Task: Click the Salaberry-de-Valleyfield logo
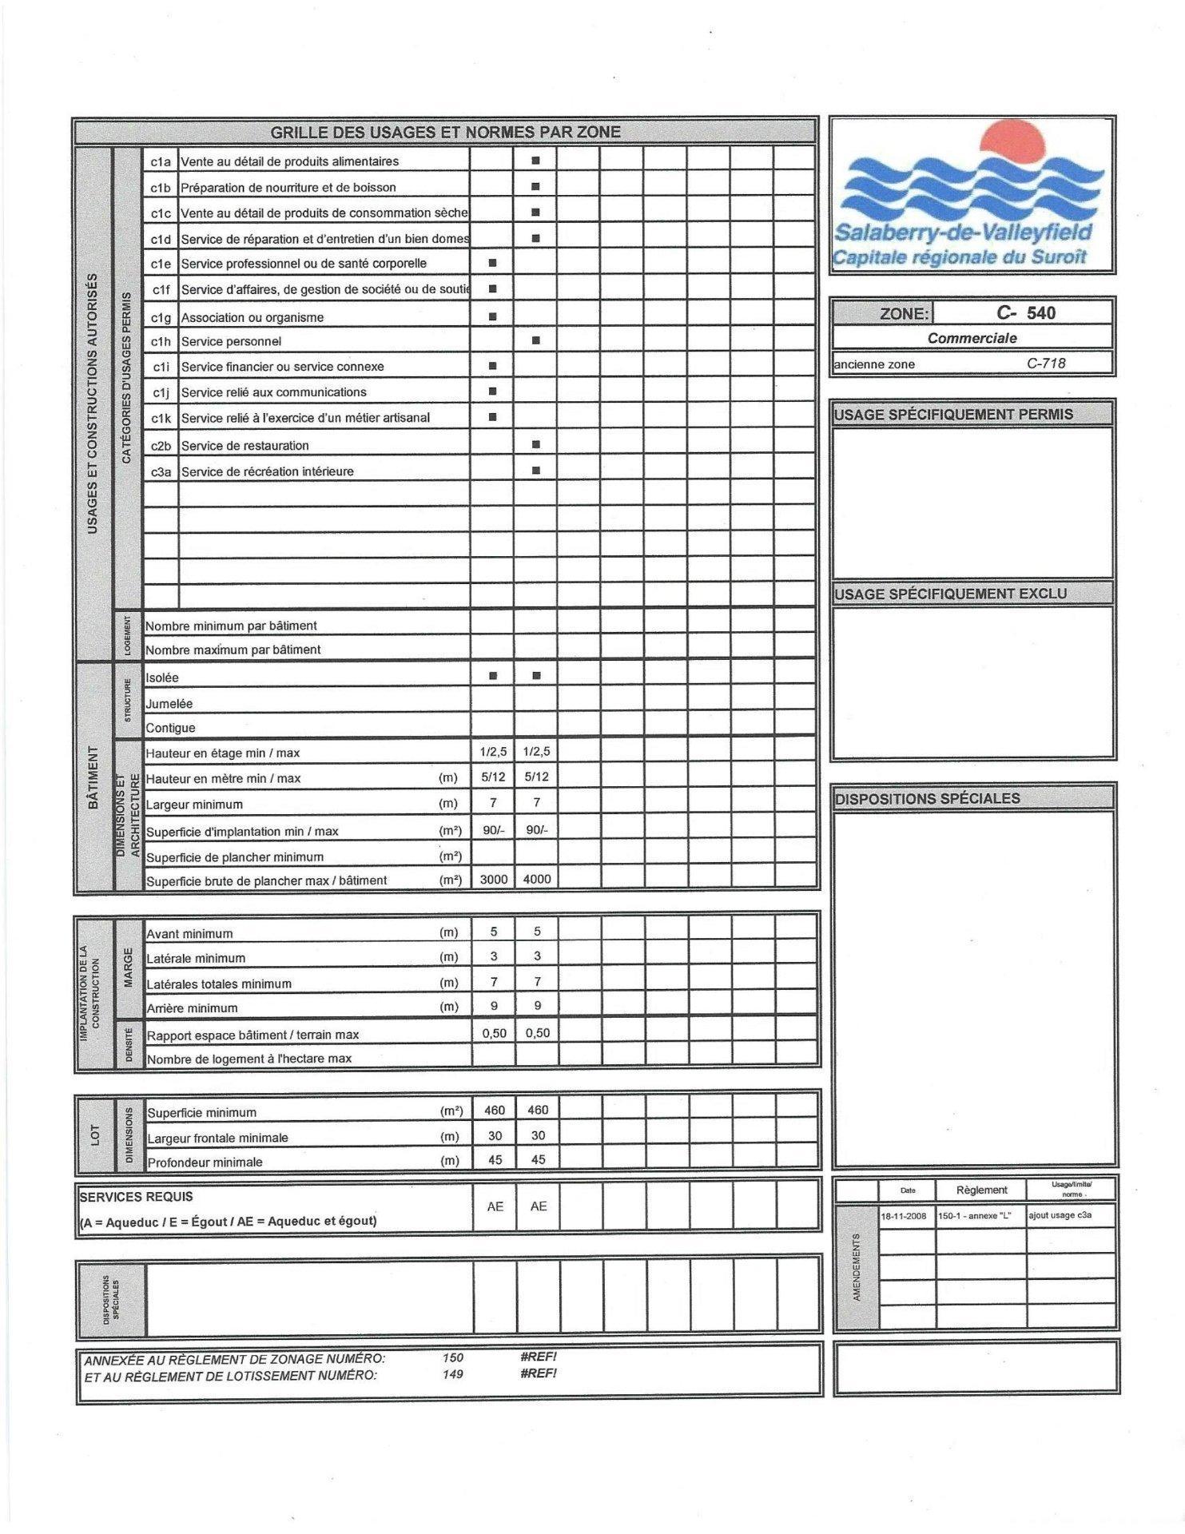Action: pos(972,195)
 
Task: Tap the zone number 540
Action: pos(1040,312)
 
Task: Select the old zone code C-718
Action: pos(1046,364)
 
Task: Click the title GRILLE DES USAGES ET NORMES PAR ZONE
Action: pos(445,132)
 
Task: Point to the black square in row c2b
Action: pos(536,444)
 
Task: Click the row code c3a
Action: pos(161,471)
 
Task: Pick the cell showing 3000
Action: pos(493,879)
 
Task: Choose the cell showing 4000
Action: pos(537,879)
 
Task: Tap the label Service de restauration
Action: pos(245,446)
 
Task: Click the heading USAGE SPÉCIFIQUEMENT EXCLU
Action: pos(950,594)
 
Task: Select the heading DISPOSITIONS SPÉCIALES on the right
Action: pos(927,798)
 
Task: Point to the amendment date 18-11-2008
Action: pos(904,1216)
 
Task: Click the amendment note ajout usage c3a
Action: pos(1060,1215)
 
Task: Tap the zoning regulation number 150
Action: pos(452,1357)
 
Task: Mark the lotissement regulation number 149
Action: pos(452,1374)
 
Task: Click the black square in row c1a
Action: pos(536,161)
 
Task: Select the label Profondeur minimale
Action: pos(205,1162)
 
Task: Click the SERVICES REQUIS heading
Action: pos(136,1197)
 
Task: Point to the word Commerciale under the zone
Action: pos(972,338)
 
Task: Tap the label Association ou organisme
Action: pos(253,317)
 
